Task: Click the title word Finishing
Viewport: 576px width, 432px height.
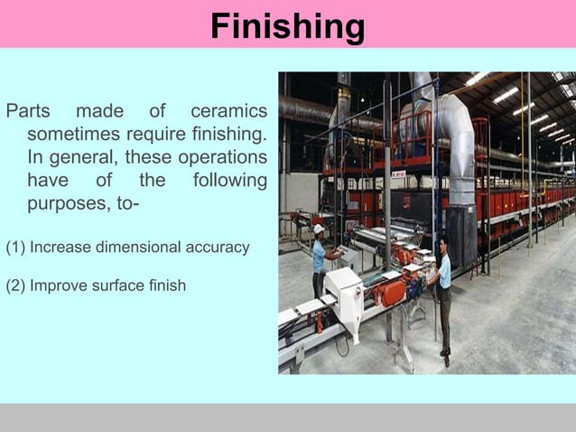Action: (287, 26)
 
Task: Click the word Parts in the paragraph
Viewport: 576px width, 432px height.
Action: (27, 112)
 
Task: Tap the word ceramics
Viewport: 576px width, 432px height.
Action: (228, 112)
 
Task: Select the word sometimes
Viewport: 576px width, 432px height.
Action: (73, 135)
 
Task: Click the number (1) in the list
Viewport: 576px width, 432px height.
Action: (15, 247)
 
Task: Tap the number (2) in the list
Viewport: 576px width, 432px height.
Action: (15, 286)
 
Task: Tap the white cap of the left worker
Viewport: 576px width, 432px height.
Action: (319, 229)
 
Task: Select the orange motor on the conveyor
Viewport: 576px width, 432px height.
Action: (394, 292)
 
